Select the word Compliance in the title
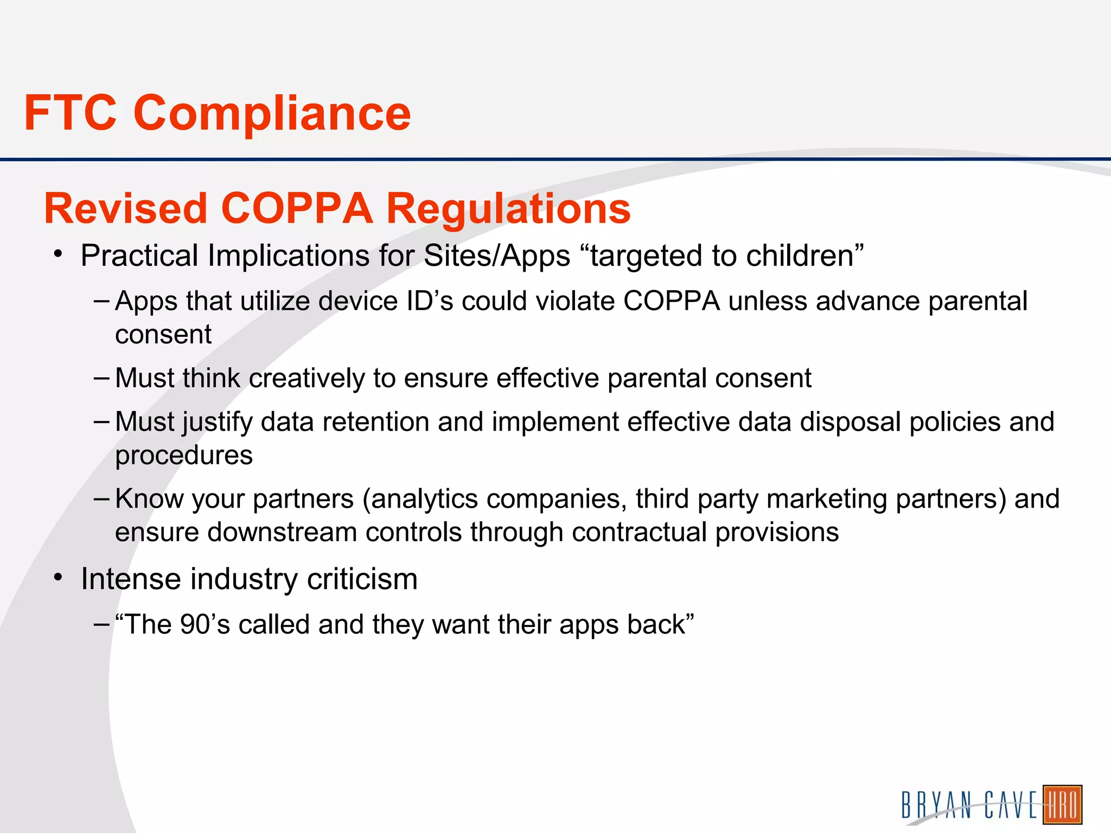pyautogui.click(x=272, y=114)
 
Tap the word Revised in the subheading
pyautogui.click(x=126, y=208)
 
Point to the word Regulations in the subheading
pyautogui.click(x=508, y=209)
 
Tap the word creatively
pyautogui.click(x=307, y=378)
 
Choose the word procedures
pyautogui.click(x=184, y=456)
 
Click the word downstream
pyautogui.click(x=282, y=532)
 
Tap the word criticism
pyautogui.click(x=362, y=579)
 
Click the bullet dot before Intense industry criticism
pyautogui.click(x=58, y=577)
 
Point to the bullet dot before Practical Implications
pyautogui.click(x=58, y=254)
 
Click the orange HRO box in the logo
pyautogui.click(x=1062, y=804)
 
